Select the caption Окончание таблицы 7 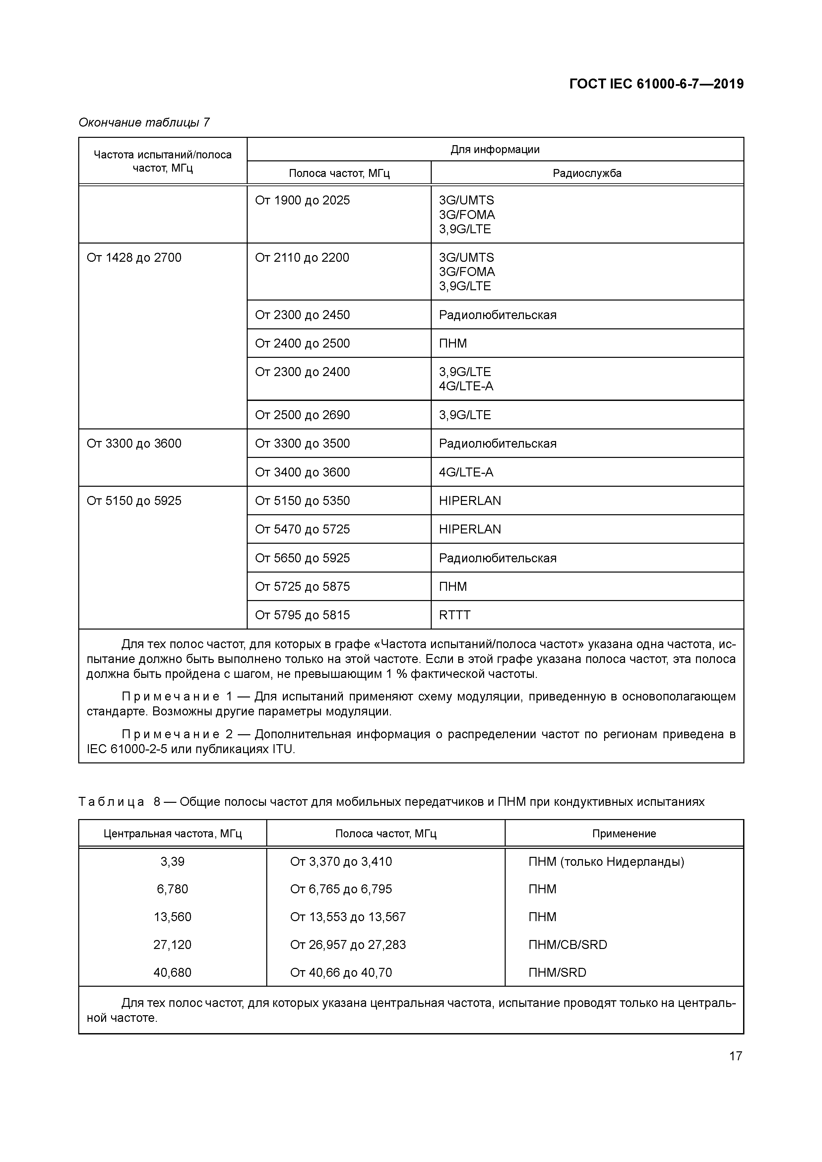tap(144, 123)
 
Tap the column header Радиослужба tap(587, 173)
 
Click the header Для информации tap(495, 149)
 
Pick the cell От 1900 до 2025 tap(302, 200)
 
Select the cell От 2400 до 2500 tap(302, 343)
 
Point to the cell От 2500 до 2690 tap(302, 415)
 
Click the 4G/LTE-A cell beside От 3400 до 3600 tap(466, 472)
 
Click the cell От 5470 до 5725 tap(302, 529)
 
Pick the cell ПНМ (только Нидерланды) tap(606, 861)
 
